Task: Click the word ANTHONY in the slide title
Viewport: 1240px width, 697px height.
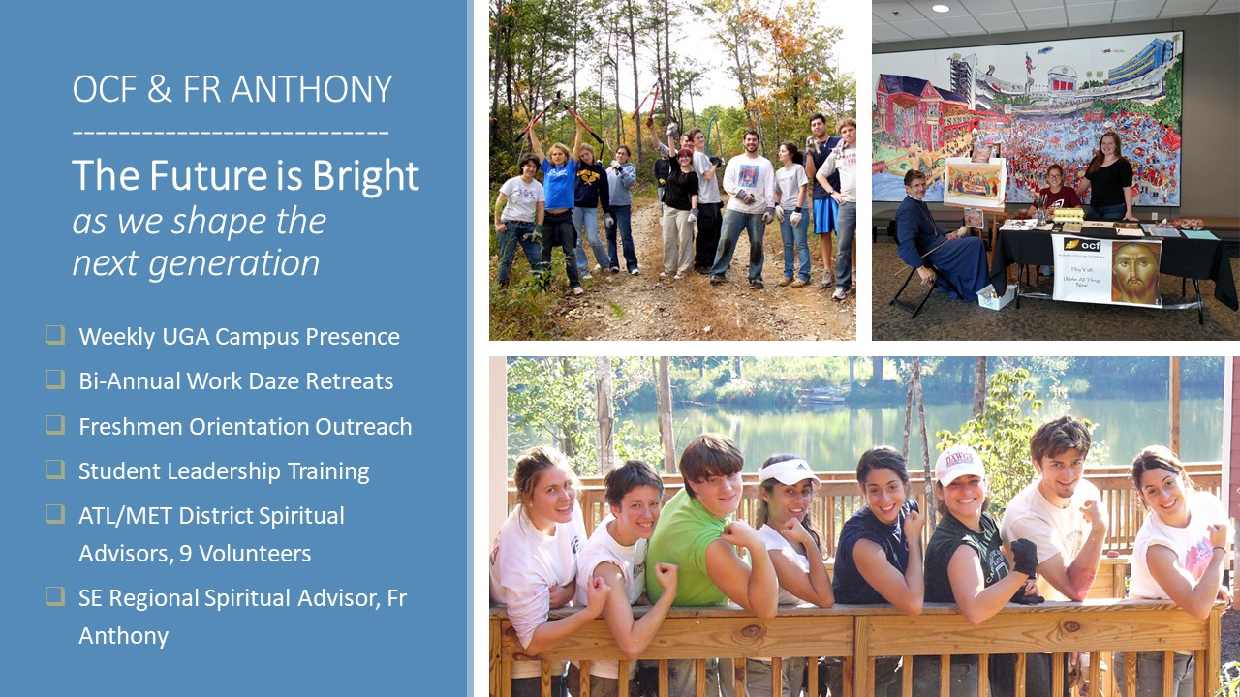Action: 311,89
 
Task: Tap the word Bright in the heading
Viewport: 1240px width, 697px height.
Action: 365,176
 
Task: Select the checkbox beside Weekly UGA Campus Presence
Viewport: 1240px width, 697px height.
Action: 55,335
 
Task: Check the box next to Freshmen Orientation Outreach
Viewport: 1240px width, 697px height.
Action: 55,425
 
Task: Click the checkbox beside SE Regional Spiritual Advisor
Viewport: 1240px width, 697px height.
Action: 55,595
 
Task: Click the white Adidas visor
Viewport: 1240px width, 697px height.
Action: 789,471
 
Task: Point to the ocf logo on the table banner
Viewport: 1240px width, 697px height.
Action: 1083,245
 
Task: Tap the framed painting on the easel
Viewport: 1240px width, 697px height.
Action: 975,183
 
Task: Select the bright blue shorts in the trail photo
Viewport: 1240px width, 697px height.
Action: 824,216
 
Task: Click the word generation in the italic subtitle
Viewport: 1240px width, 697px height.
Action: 234,262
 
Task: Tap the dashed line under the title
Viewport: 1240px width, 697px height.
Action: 231,133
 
